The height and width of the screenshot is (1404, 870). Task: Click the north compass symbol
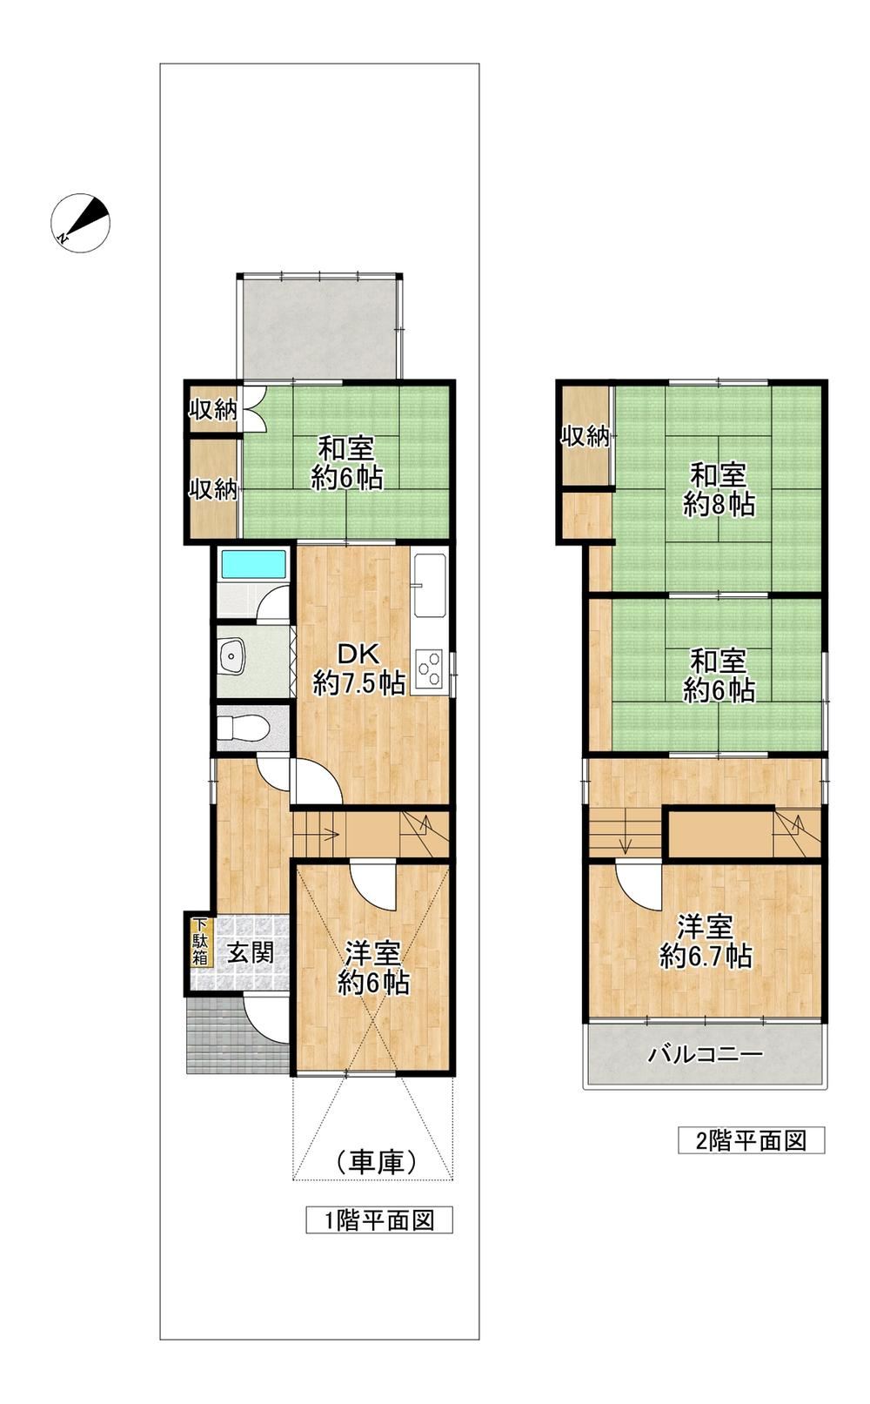click(x=80, y=223)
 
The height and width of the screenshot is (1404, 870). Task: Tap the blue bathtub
click(x=254, y=565)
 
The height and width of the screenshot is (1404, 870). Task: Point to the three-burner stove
click(x=429, y=669)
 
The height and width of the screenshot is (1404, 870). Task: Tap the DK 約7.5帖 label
click(x=359, y=668)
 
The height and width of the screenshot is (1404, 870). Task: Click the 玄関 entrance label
click(x=251, y=953)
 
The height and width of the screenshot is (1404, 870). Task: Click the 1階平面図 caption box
click(x=379, y=1219)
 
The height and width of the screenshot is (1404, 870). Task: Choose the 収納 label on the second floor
click(x=585, y=436)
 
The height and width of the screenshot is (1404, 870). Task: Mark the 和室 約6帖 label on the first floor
click(x=346, y=465)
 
